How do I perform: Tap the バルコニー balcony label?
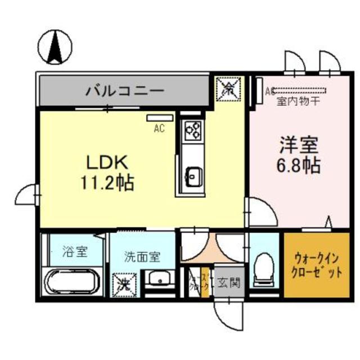124,90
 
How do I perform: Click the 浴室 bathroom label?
74,251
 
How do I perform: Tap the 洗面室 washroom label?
142,257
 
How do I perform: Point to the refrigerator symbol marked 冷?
229,87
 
